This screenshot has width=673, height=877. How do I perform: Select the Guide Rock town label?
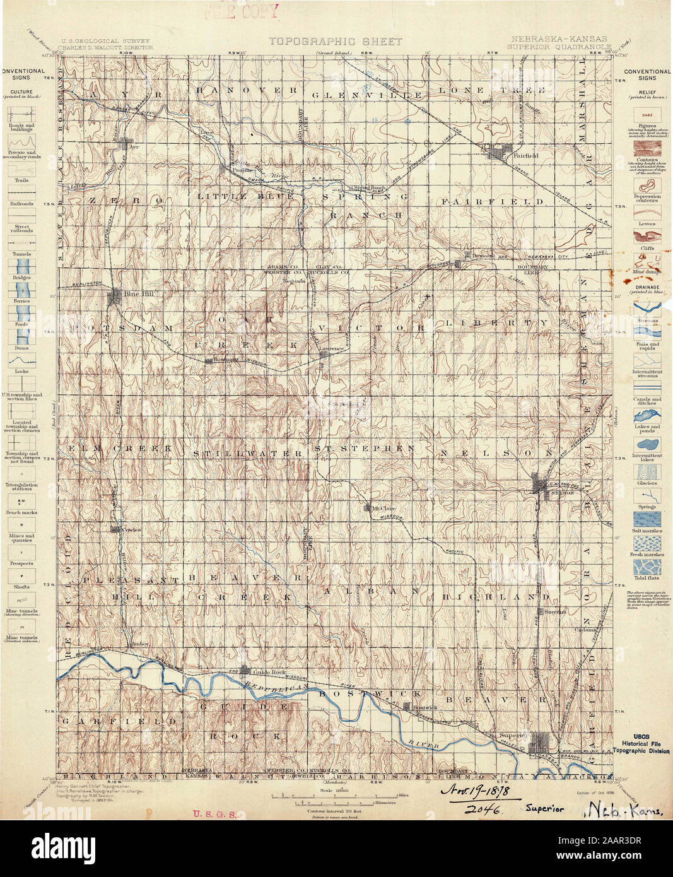[266, 671]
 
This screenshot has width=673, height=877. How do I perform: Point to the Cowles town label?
[132, 529]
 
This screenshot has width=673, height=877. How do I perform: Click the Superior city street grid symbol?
[541, 741]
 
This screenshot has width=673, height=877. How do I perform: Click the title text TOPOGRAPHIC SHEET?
[335, 42]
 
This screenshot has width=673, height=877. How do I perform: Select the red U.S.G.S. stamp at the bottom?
[214, 814]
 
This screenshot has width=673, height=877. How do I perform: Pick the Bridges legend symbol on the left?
[21, 265]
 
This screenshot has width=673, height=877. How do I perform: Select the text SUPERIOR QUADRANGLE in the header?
[558, 47]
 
